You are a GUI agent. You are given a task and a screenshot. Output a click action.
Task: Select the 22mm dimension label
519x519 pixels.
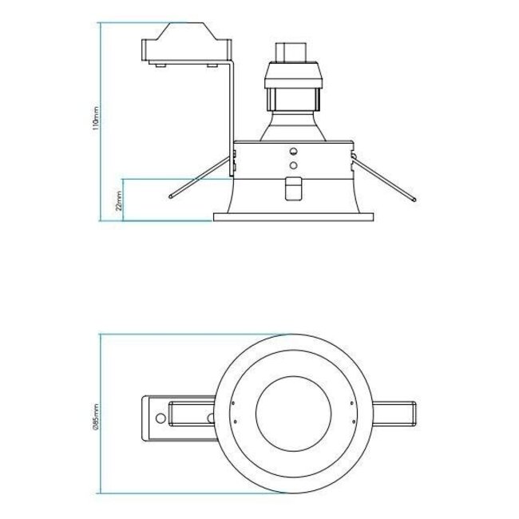[x=119, y=200]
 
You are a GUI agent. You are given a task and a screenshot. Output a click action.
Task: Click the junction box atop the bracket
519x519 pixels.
[x=183, y=46]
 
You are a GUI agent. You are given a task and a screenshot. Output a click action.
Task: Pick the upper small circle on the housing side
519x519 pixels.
[x=292, y=151]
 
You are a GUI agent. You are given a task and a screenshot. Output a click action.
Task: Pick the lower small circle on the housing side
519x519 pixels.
[x=292, y=164]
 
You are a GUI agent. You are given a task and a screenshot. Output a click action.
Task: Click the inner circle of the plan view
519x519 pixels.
[x=292, y=417]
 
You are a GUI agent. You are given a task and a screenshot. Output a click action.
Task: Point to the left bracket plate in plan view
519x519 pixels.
[x=180, y=417]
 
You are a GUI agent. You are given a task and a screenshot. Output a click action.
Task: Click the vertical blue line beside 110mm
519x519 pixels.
[x=100, y=120]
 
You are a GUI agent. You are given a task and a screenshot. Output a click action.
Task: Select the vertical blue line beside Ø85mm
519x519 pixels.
[x=100, y=415]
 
